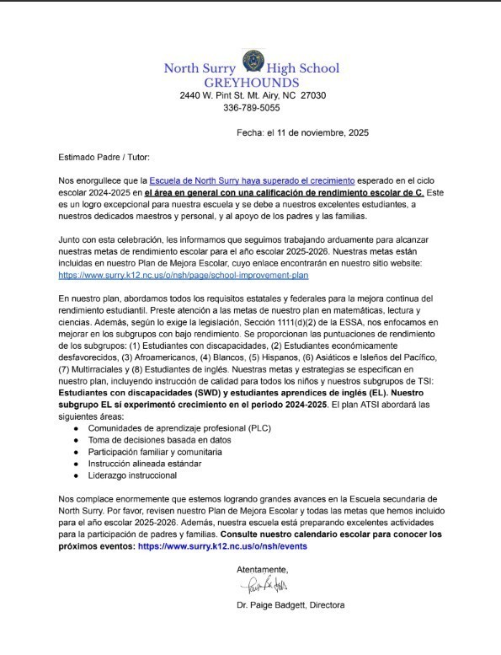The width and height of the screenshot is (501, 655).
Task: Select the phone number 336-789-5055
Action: [252, 108]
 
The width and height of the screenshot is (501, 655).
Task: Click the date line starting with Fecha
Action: [302, 132]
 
